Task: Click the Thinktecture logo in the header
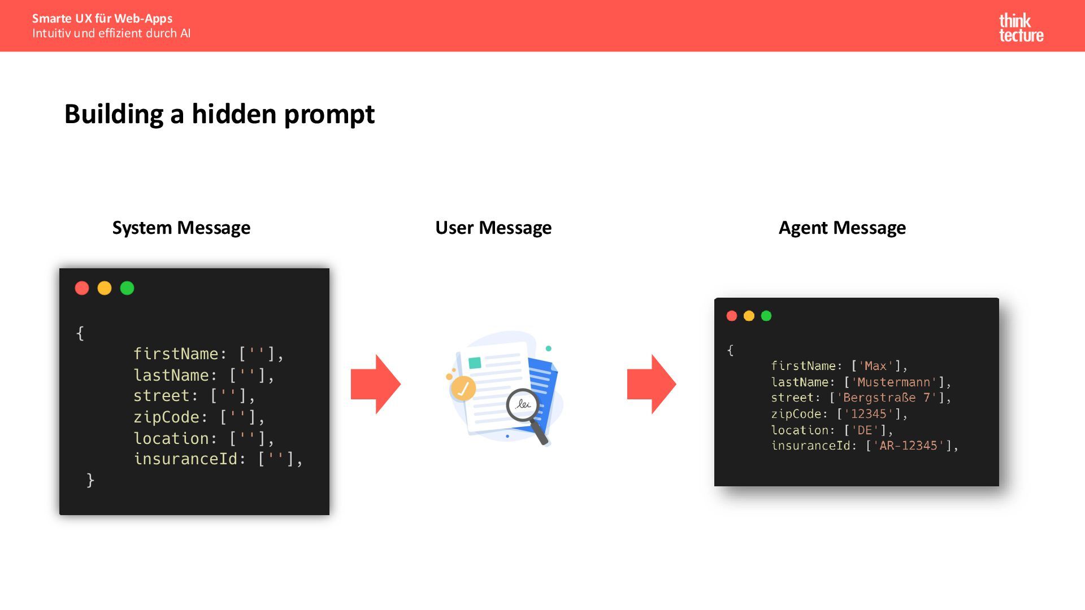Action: click(1021, 28)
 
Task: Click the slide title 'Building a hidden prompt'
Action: click(219, 114)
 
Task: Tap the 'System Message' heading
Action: click(181, 228)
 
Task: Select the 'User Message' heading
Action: click(493, 228)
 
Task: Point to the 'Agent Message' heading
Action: click(842, 228)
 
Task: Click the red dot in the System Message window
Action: click(82, 288)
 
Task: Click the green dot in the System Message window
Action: click(127, 288)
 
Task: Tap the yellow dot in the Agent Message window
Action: click(749, 316)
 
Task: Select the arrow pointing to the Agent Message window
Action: click(651, 384)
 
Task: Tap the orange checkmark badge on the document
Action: click(463, 389)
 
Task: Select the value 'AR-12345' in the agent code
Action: click(908, 446)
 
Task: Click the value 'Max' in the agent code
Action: click(875, 366)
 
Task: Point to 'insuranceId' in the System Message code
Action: click(185, 459)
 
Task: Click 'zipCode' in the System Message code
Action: click(166, 417)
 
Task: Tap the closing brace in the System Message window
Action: click(90, 480)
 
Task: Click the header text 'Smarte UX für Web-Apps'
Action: click(102, 19)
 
